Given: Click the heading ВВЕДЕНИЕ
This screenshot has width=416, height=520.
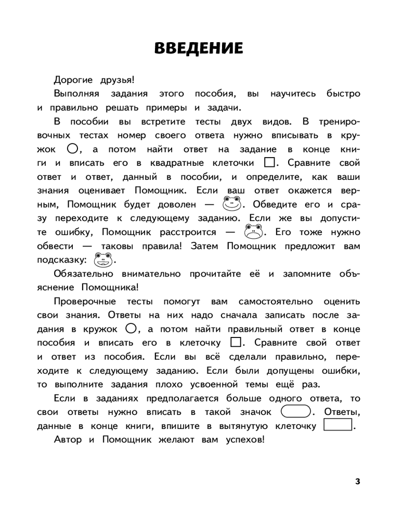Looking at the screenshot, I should (199, 48).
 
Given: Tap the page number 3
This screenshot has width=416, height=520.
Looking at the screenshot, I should (357, 481).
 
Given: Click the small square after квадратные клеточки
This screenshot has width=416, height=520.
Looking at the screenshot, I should (269, 163).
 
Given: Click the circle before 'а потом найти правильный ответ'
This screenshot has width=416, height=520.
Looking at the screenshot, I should (131, 329).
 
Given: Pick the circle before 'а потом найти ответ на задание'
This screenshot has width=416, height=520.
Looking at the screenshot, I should (72, 149).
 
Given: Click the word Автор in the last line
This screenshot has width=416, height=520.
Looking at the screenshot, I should (67, 440).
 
